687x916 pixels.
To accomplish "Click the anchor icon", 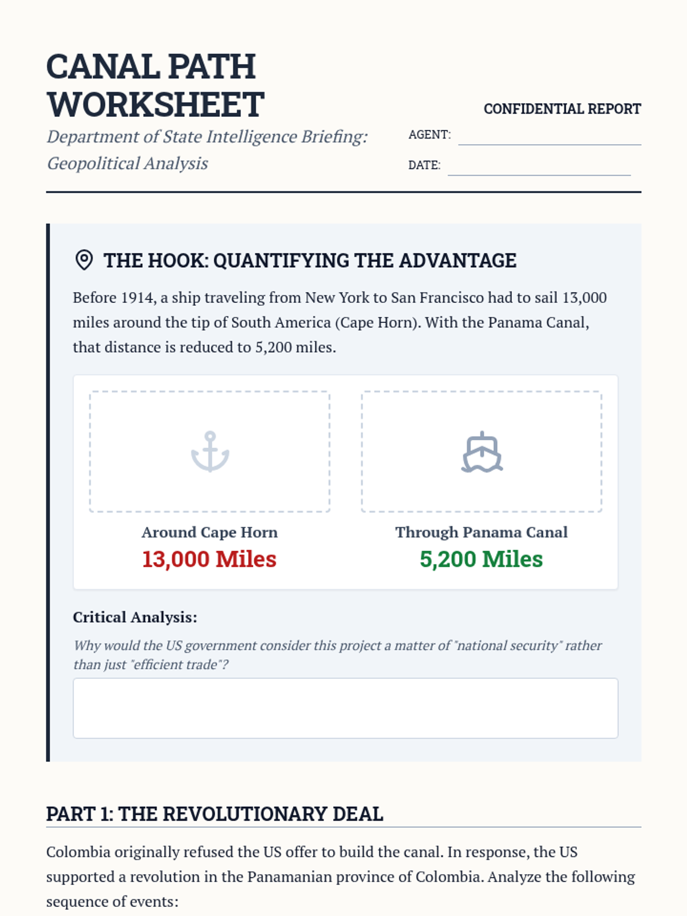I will point(210,452).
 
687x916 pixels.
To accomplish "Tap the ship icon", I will point(482,452).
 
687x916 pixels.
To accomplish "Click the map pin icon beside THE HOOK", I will point(84,260).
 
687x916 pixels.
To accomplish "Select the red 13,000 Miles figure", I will point(209,559).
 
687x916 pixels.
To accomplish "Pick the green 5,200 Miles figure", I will point(481,559).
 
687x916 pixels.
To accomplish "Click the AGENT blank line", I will point(550,137).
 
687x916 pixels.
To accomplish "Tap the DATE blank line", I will point(539,168).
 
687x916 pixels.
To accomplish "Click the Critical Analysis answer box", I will point(345,708).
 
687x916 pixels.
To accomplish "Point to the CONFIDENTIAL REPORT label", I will point(562,109).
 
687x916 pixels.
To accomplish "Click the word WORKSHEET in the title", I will point(156,105).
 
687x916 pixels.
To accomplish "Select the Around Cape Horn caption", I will point(210,532).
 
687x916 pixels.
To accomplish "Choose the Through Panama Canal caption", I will point(481,532).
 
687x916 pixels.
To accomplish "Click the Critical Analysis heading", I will point(135,617).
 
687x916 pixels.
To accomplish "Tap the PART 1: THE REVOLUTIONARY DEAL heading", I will point(215,814).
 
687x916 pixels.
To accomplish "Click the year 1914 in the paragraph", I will point(137,298).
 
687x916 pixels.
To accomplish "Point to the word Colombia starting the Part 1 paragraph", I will point(78,852).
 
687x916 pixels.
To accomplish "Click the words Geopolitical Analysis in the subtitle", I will point(127,164).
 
